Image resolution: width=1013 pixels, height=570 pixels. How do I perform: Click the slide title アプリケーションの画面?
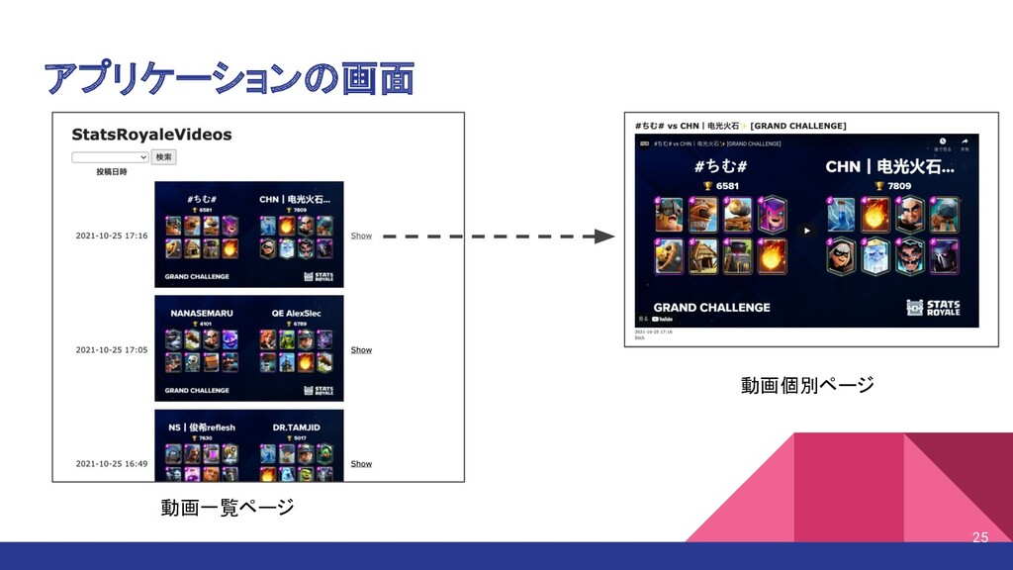[229, 79]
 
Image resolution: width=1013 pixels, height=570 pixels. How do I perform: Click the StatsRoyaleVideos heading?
[151, 134]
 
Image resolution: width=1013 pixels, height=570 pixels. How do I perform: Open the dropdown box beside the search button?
[110, 157]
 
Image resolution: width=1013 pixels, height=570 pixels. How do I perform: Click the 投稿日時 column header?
[112, 172]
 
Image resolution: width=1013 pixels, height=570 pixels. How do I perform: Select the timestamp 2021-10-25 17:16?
[112, 237]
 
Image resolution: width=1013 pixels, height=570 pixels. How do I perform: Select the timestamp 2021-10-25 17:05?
[112, 350]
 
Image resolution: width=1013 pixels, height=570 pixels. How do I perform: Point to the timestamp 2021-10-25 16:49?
[112, 464]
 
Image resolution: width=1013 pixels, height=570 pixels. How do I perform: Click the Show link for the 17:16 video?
[361, 237]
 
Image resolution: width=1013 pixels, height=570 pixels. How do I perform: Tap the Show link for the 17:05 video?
[361, 350]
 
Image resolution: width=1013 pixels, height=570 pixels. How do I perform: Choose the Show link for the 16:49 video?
[361, 464]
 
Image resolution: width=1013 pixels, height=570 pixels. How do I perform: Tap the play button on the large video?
[806, 231]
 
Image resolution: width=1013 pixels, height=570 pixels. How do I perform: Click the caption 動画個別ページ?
[807, 385]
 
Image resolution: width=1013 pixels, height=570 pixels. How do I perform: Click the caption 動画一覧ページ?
[228, 508]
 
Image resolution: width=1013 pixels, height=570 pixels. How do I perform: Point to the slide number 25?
[979, 537]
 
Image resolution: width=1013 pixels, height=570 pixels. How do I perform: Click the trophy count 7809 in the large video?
[898, 186]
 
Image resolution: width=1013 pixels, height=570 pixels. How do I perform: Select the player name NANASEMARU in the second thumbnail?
[202, 313]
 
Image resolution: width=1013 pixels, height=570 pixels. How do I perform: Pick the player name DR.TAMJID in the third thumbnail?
[294, 427]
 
